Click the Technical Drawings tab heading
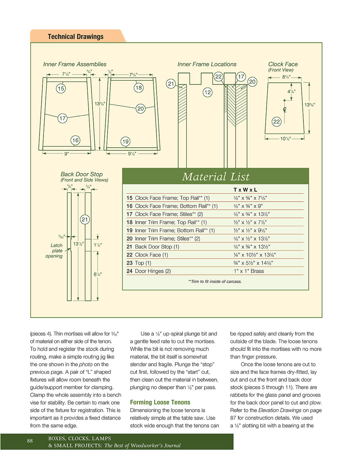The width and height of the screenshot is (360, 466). (x=76, y=36)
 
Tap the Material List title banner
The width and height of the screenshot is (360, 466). (x=216, y=177)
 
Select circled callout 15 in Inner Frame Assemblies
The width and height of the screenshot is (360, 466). (x=61, y=88)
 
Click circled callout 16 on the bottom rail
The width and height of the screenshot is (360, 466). (x=75, y=140)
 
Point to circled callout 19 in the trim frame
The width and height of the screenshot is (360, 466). (x=125, y=142)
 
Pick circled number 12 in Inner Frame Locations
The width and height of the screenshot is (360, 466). (x=208, y=93)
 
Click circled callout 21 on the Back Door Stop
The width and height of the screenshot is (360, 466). (x=85, y=219)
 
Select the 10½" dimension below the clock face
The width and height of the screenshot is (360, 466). (x=285, y=139)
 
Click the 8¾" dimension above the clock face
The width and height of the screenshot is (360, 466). (x=286, y=77)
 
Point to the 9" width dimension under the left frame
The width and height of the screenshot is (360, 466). (x=67, y=154)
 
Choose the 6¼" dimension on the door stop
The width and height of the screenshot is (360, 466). (x=98, y=274)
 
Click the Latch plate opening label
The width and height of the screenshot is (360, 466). (x=54, y=251)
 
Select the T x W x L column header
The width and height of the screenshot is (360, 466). (x=245, y=190)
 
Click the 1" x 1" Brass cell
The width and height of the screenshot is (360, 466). (x=249, y=271)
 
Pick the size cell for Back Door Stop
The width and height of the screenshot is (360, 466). (x=252, y=247)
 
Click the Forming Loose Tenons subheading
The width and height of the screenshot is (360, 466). (x=160, y=402)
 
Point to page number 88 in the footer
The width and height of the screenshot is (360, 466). (x=30, y=441)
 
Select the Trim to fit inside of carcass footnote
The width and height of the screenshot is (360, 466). (x=215, y=281)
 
